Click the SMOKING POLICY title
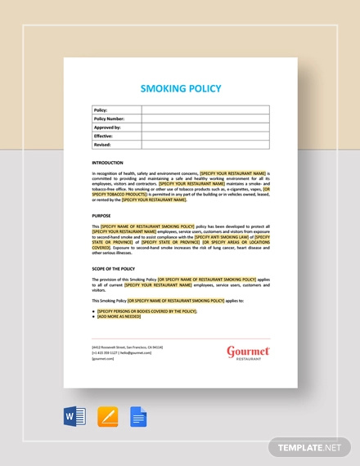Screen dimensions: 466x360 coord(180,87)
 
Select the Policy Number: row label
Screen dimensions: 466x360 coord(111,119)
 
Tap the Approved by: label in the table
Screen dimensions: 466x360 coord(108,128)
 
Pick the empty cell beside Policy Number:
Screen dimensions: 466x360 coord(205,119)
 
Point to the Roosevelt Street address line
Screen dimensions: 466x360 coord(127,347)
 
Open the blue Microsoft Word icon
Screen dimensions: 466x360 coord(74,418)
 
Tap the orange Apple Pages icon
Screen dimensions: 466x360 coord(106,418)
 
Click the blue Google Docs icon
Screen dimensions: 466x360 coord(137,418)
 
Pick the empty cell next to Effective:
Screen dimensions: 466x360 coord(205,137)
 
